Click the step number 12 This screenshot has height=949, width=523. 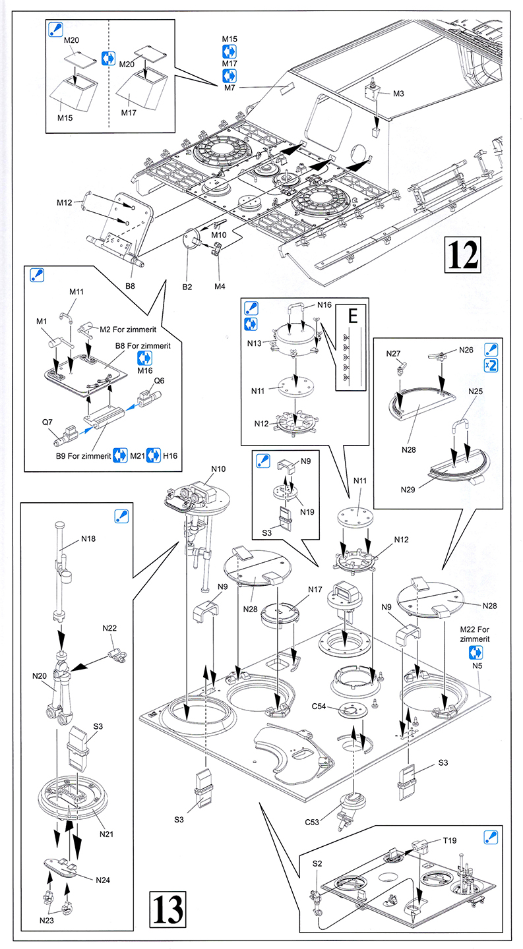coord(465,253)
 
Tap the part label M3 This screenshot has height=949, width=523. coord(398,94)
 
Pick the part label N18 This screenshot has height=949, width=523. coord(88,538)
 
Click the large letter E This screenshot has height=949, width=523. coord(352,316)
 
